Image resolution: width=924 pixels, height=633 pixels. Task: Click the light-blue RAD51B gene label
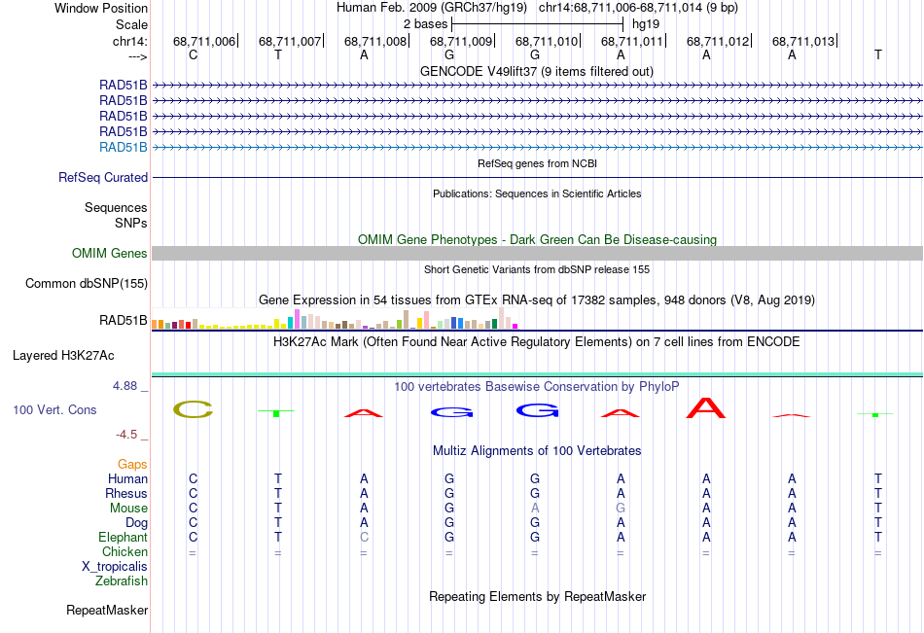point(124,148)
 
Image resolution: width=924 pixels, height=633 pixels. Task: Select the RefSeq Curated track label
point(103,177)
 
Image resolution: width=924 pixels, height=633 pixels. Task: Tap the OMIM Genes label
point(110,254)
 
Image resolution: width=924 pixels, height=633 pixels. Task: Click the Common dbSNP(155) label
point(87,284)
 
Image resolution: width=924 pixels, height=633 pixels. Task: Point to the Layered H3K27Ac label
point(63,356)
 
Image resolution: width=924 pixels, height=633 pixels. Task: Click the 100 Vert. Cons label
point(54,409)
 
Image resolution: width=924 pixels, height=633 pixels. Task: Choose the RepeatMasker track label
point(107,610)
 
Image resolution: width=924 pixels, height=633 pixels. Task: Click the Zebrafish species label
point(122,581)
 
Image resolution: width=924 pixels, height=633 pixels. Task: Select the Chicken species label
point(124,551)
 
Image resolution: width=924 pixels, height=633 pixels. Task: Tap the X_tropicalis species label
point(115,567)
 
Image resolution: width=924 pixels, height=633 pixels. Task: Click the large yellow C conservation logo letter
point(193,409)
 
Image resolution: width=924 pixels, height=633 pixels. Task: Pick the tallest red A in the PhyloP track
point(706,407)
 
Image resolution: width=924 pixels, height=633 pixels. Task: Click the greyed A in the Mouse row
point(535,508)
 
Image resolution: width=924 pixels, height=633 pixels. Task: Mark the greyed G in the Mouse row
point(621,508)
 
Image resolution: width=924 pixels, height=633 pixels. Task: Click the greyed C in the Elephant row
point(364,537)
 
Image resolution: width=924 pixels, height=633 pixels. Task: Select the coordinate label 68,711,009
point(461,41)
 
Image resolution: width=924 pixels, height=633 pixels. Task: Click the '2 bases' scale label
point(425,24)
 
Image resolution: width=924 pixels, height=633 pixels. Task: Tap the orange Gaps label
point(132,465)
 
